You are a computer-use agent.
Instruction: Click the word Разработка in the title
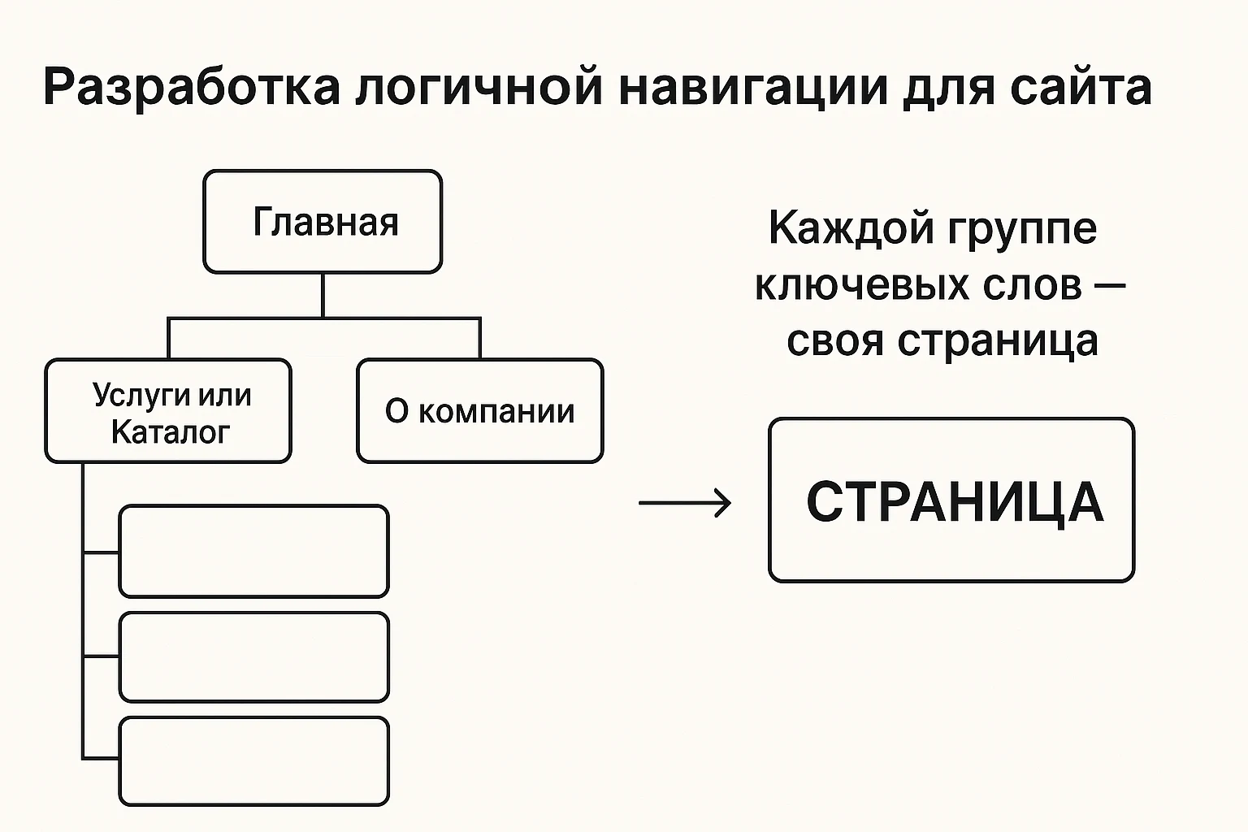pos(191,88)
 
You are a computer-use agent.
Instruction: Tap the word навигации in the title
pos(753,88)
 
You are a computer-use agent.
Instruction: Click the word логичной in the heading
pos(479,88)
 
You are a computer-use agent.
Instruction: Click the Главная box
pos(323,222)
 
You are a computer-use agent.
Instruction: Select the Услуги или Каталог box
pos(168,411)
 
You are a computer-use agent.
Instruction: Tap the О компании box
pos(479,411)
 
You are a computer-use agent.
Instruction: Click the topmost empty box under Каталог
pos(253,552)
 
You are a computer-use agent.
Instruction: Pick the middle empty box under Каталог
pos(253,657)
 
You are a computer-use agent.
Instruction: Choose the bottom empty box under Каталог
pos(253,761)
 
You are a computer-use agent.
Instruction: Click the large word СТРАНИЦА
pos(954,502)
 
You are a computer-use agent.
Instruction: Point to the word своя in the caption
pos(834,340)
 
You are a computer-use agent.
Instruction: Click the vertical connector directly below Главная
pos(323,295)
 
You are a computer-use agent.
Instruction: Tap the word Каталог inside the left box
pos(171,432)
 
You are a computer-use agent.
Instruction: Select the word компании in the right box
pos(496,412)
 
